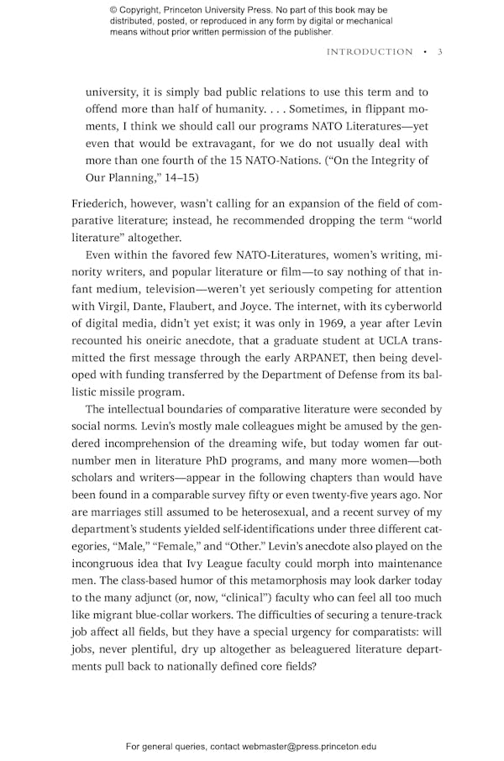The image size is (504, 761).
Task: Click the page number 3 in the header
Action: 439,52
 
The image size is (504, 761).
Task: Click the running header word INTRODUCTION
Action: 370,52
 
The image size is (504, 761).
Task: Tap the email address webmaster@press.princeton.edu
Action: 309,746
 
